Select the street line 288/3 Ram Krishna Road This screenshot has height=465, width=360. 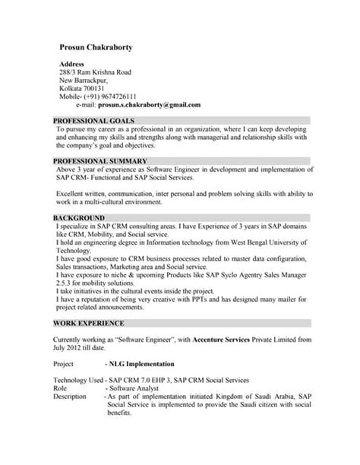point(95,72)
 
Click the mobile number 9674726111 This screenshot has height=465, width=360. point(115,96)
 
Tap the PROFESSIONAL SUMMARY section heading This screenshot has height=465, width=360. point(100,162)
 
